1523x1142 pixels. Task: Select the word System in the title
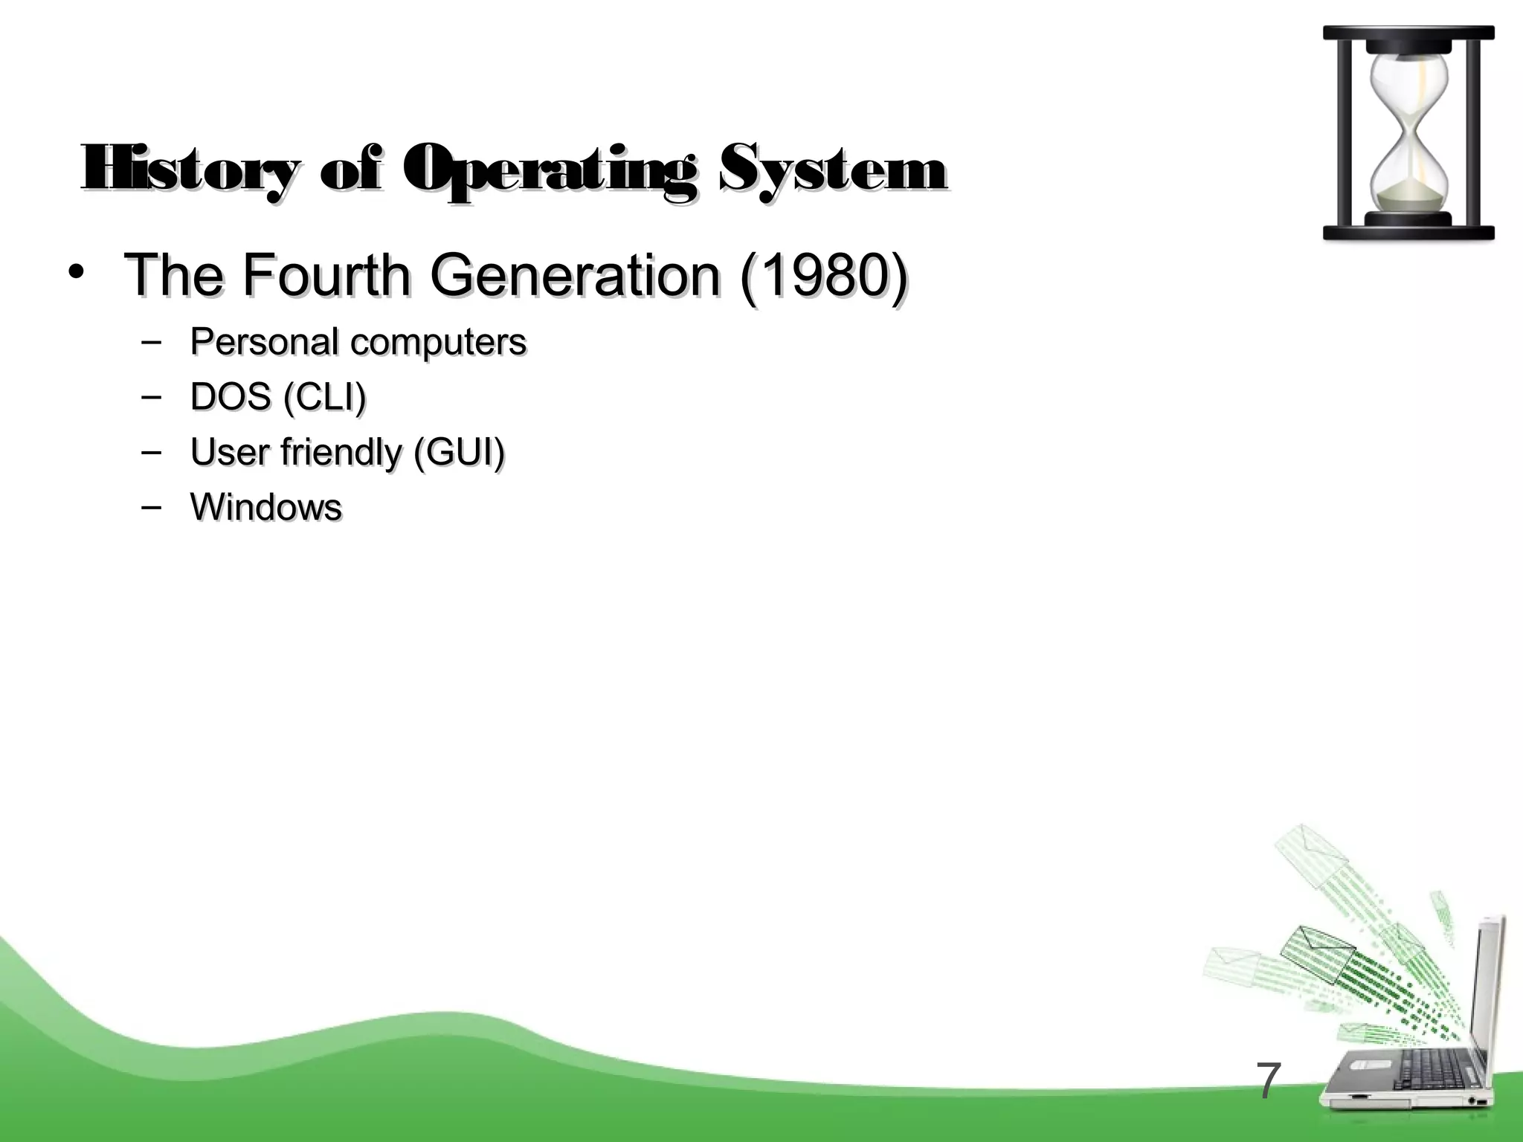click(833, 170)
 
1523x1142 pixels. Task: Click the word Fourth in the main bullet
click(326, 275)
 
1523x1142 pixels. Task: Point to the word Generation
click(574, 275)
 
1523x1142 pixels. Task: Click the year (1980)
click(823, 275)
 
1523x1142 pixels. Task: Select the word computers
click(438, 342)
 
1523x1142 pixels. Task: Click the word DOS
click(230, 397)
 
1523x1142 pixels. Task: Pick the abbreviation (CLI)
click(325, 397)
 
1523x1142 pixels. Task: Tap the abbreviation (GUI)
click(459, 452)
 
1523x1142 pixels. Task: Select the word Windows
click(266, 507)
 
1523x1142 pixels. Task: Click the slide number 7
click(1269, 1082)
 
